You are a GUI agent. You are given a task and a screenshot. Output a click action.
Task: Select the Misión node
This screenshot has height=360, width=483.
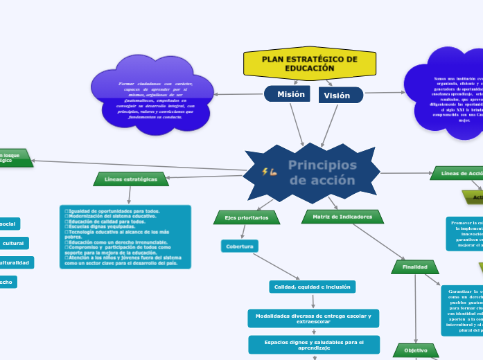pos(288,94)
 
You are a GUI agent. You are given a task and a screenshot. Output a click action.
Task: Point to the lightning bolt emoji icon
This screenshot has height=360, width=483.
pos(264,171)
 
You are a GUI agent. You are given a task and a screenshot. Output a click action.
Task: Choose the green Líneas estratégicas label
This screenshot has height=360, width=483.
pos(131,179)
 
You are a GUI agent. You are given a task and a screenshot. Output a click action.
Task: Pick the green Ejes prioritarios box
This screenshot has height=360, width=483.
pos(246,217)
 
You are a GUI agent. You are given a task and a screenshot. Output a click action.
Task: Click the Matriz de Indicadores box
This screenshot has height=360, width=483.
pos(342,217)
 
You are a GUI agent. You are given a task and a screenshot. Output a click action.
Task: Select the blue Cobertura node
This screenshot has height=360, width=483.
pos(240,246)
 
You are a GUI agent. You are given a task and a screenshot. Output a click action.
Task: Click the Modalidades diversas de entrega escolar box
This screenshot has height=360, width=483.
pos(313,318)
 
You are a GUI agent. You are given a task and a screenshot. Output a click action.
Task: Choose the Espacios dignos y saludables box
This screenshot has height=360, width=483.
pos(314,344)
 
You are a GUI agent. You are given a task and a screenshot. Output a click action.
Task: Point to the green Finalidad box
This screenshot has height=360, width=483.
pos(415,267)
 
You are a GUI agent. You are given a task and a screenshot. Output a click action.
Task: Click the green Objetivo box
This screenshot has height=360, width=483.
pos(416,350)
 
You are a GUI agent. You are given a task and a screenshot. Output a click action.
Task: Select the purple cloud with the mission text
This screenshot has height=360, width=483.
pos(151,100)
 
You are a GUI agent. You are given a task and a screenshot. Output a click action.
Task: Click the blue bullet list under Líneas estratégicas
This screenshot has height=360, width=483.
pos(125,236)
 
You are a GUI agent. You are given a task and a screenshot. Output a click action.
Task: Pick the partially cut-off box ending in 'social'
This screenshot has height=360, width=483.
pos(10,224)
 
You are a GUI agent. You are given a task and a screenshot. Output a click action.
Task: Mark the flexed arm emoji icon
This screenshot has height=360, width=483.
pos(273,171)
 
